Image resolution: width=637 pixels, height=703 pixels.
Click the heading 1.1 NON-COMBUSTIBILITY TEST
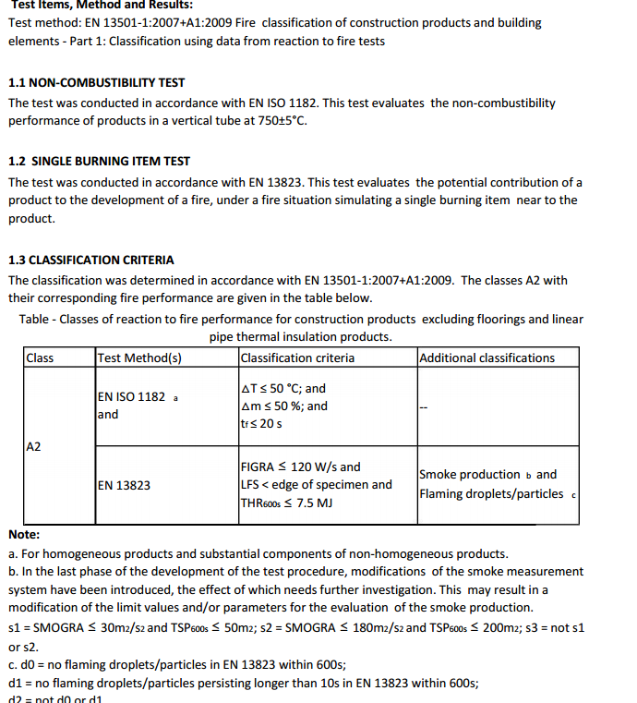click(96, 82)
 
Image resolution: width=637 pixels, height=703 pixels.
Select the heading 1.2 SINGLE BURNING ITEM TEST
click(99, 161)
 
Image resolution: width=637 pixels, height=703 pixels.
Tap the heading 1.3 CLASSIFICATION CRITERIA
click(90, 260)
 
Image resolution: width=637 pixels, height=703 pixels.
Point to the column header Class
click(41, 358)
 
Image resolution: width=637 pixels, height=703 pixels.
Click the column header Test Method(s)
click(139, 358)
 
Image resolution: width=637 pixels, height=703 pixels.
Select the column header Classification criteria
click(297, 358)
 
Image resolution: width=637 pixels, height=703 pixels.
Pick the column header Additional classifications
click(487, 358)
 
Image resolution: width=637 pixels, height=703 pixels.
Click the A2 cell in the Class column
click(34, 447)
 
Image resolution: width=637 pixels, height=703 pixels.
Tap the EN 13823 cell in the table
click(124, 484)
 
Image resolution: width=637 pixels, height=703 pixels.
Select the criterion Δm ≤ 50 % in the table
click(275, 406)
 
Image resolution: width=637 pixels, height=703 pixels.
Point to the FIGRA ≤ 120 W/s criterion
click(300, 467)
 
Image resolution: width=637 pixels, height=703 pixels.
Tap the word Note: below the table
click(24, 535)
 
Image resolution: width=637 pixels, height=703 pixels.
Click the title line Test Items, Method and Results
click(102, 5)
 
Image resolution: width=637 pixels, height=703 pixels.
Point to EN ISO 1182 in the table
click(131, 396)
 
